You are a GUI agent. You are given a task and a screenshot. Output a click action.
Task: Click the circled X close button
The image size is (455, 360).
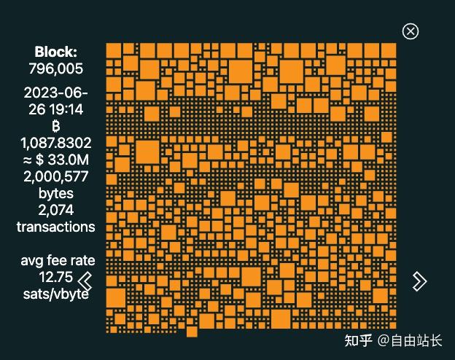pos(411,31)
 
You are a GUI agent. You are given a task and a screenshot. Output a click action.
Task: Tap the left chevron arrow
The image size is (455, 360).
pos(85,281)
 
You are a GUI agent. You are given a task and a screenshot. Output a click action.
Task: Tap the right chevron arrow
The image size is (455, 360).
pos(419,281)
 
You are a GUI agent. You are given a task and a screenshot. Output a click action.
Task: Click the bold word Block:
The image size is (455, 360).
pos(55,52)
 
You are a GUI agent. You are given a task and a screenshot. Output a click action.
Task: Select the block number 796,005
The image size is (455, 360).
pos(55,69)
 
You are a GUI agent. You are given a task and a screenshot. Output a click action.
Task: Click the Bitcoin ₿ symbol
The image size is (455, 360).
pos(56,126)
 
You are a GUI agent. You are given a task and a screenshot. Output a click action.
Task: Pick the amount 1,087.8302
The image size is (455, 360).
pos(56,143)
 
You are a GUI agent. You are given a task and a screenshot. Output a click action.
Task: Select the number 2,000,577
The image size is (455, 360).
pos(56,176)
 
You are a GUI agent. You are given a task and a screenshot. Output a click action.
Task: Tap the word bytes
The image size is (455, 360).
pos(56,193)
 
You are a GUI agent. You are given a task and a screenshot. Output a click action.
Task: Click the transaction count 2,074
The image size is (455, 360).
pos(56,210)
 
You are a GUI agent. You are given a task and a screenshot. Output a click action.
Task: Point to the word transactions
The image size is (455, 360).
pos(56,227)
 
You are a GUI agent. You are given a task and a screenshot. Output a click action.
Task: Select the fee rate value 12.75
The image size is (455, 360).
pos(56,277)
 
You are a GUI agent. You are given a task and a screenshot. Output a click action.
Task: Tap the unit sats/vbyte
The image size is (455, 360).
pos(56,294)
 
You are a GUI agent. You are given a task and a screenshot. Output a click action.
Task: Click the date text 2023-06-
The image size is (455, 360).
pos(56,93)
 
